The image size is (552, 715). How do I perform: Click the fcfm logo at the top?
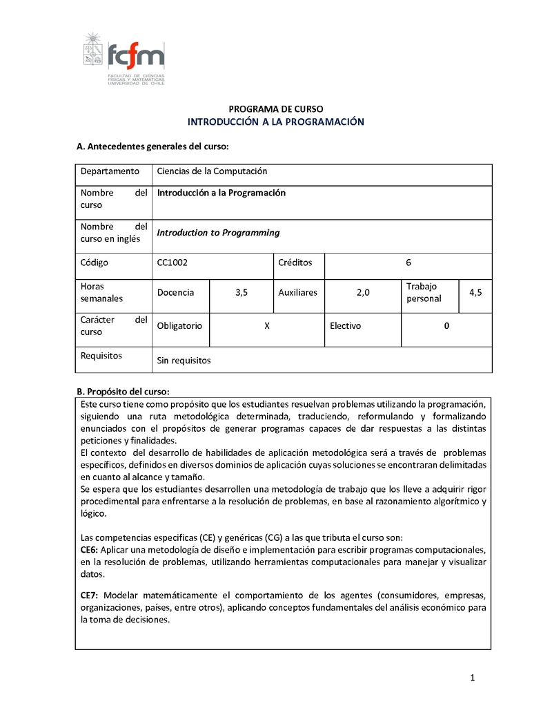pos(124,59)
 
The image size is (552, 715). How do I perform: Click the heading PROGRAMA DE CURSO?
pos(275,109)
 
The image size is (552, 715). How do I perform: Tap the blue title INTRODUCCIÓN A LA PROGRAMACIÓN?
pos(275,122)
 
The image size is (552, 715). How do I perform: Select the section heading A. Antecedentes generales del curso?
pos(152,146)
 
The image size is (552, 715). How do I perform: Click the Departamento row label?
pos(110,171)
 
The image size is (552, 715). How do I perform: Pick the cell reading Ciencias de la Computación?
pos(212,171)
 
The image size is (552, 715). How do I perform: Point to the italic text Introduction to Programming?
pos(218,233)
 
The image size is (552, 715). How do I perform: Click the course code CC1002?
pos(172,263)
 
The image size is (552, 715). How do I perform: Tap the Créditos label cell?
pos(295,263)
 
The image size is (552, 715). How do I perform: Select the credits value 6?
pos(408,263)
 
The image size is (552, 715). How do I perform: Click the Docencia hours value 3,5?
pos(241,292)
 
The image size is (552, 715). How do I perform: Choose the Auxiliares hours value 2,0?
pos(363,292)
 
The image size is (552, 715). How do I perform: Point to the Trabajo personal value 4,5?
pos(475,292)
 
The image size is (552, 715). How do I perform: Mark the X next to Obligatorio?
pos(267,326)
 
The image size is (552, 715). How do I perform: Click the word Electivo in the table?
pos(345,326)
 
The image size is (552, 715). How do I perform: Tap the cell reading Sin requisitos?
pos(184,361)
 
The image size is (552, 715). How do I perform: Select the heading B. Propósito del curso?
pos(122,392)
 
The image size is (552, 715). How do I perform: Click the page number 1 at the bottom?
pos(473,678)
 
